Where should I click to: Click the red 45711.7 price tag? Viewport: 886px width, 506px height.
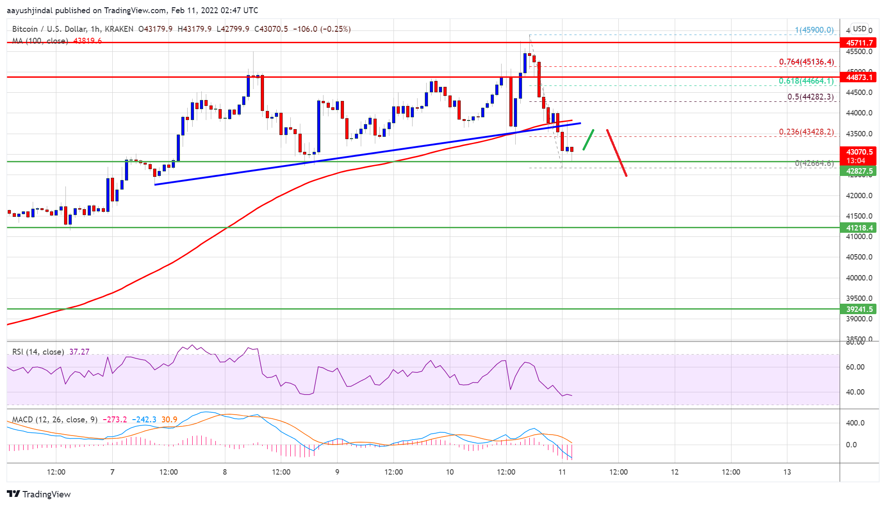[858, 43]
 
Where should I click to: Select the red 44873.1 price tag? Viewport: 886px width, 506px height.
[858, 77]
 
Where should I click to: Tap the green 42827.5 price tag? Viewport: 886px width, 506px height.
[858, 171]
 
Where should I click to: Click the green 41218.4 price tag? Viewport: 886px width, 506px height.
[858, 228]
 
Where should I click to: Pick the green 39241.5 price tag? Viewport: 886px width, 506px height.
[858, 309]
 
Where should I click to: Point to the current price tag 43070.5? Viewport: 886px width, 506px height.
[858, 152]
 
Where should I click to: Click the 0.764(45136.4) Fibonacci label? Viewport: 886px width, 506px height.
[806, 62]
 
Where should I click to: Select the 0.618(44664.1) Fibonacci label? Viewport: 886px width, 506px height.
[806, 81]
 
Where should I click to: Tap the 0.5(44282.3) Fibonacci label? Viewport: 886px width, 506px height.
[810, 97]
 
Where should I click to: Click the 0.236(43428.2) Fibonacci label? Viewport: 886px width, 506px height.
[806, 132]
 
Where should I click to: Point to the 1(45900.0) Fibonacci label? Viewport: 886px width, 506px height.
[814, 30]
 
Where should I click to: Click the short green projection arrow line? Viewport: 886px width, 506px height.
[588, 140]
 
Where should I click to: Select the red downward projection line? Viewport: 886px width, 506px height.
[617, 153]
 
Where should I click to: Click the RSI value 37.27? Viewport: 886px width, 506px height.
[79, 352]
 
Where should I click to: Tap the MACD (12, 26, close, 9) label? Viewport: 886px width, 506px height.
[55, 419]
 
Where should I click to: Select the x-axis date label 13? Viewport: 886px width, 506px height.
[787, 472]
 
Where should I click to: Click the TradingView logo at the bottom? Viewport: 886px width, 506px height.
[39, 494]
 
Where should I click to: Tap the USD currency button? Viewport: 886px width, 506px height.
[859, 29]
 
